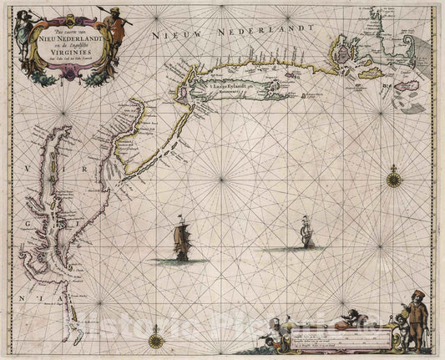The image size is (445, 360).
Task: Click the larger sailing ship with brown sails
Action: pyautogui.click(x=182, y=243)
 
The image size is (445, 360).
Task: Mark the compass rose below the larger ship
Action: pyautogui.click(x=156, y=340)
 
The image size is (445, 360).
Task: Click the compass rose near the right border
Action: pyautogui.click(x=395, y=176)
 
